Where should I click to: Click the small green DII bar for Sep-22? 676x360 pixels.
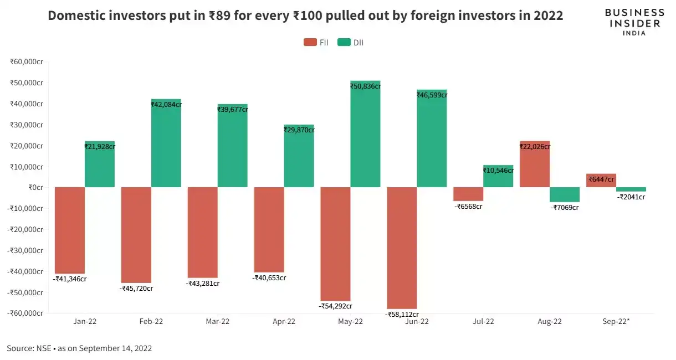631,189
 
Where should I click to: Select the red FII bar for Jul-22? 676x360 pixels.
468,194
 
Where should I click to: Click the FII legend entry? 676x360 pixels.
316,43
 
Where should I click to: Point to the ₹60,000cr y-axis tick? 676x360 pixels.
27,61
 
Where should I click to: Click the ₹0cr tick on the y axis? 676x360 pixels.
34,187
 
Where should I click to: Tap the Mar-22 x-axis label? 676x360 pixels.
217,321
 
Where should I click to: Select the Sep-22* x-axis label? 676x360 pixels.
616,321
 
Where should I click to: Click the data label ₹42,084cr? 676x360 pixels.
166,104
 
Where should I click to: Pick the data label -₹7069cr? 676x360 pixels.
564,208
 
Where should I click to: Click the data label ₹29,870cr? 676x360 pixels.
299,130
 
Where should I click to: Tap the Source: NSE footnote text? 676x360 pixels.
79,348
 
